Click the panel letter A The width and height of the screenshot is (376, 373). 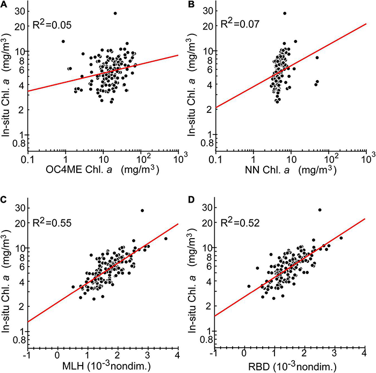pos(4,4)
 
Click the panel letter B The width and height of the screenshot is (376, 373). pos(192,4)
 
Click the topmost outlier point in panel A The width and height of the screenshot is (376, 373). pos(115,13)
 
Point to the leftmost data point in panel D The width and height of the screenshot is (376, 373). pos(249,286)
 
